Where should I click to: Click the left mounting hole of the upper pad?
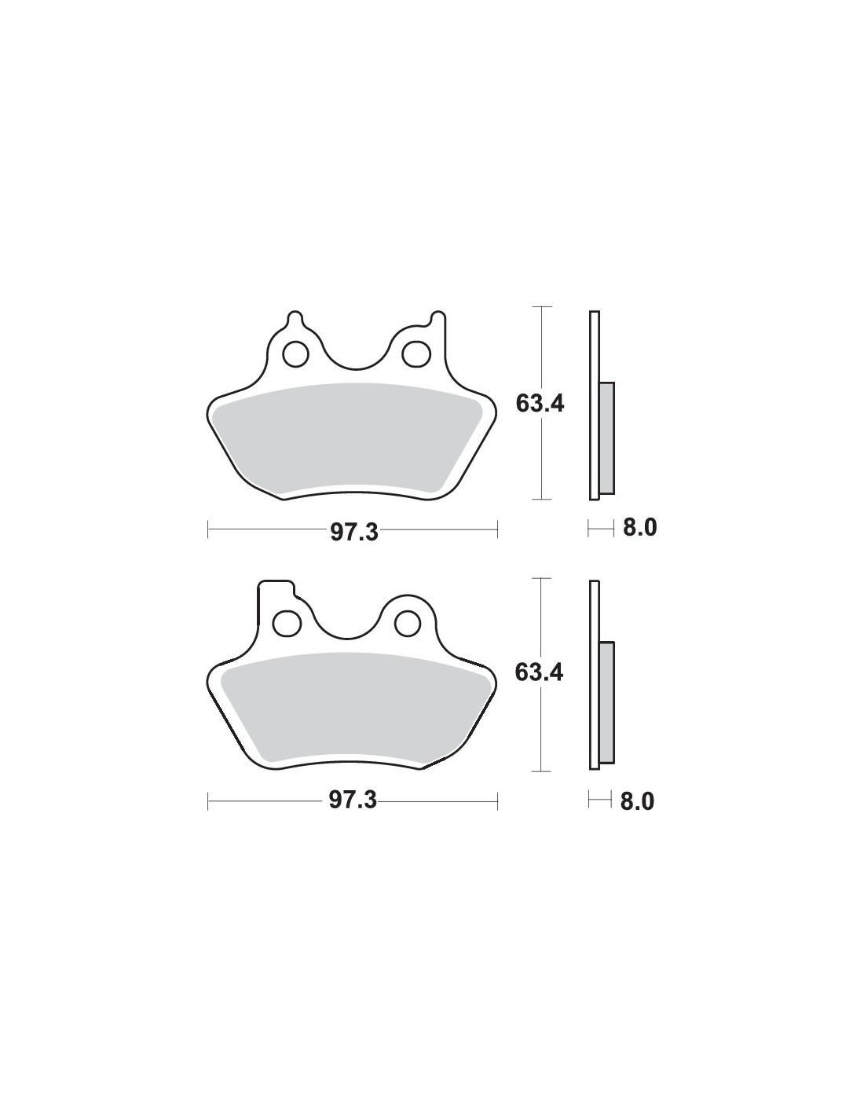click(295, 353)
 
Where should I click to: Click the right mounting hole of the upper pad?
click(416, 353)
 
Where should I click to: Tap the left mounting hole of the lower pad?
click(287, 623)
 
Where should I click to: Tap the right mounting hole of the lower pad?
click(408, 623)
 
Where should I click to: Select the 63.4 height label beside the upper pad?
click(540, 404)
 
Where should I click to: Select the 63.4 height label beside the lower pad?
click(539, 672)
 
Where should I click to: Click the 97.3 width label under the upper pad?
click(353, 533)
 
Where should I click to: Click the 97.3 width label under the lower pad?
click(353, 800)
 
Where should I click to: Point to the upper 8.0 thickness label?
click(640, 527)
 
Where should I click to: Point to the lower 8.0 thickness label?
click(637, 801)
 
